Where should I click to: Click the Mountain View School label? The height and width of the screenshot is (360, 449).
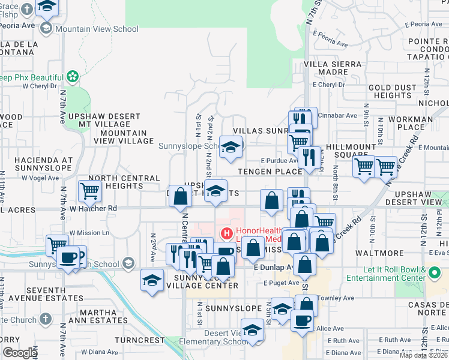97,29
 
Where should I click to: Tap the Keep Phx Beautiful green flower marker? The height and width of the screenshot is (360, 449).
73,77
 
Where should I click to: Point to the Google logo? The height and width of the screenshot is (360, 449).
20,353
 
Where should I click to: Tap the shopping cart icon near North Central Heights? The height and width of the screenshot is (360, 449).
89,191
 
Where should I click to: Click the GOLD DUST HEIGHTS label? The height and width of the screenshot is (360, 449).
390,91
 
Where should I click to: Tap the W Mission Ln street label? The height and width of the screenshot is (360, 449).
90,232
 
